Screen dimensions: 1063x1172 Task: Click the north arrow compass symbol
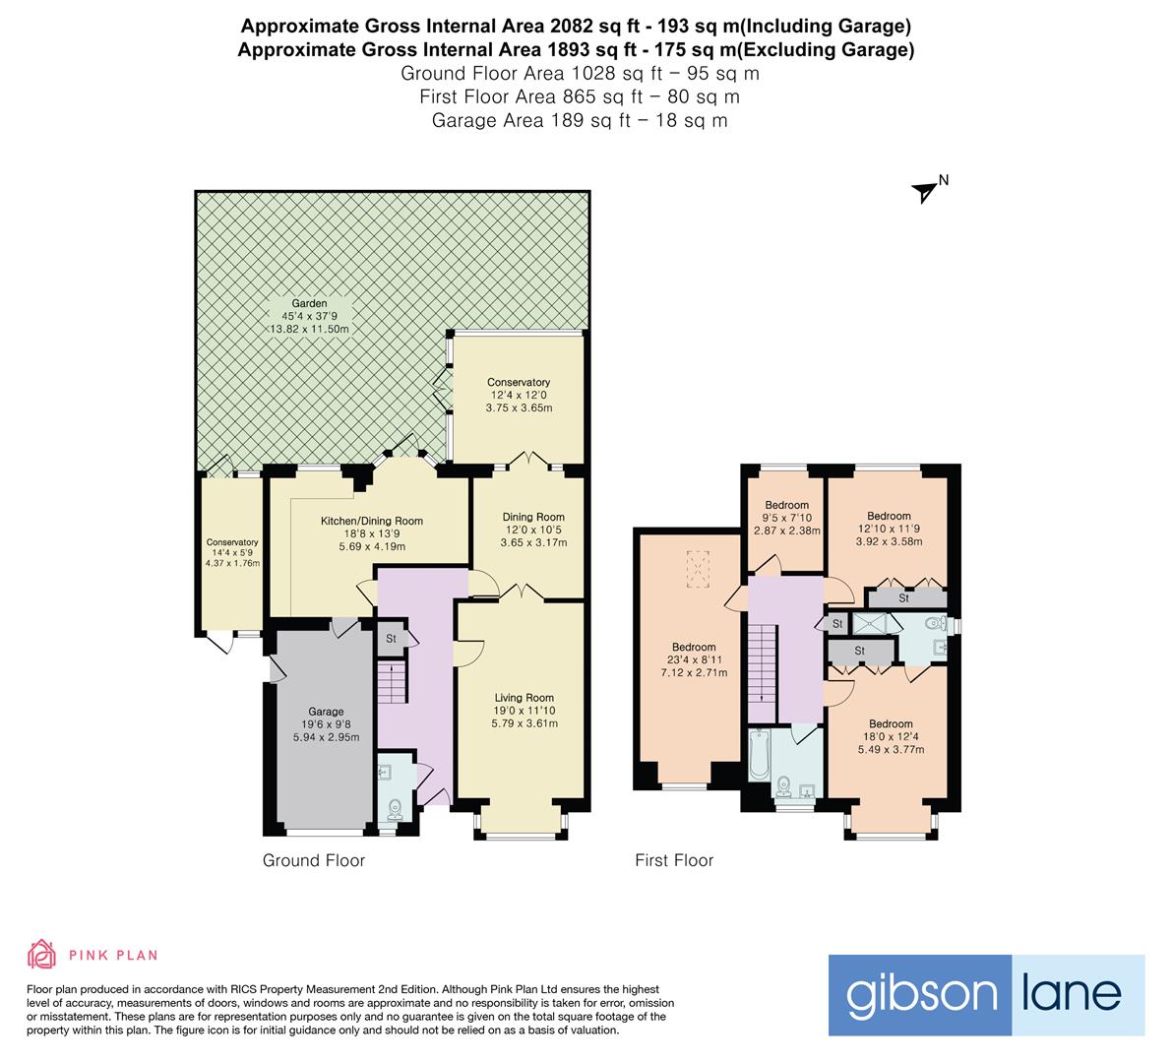(x=926, y=190)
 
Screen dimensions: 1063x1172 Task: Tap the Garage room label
(x=326, y=712)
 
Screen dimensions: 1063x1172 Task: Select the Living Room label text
(x=524, y=698)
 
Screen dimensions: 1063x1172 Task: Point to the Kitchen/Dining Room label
(x=372, y=521)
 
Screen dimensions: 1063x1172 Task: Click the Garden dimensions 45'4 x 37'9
(x=309, y=316)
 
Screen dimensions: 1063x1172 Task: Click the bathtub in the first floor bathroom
(x=759, y=755)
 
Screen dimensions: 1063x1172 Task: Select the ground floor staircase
(x=392, y=681)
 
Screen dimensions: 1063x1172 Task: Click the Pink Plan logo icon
(x=41, y=954)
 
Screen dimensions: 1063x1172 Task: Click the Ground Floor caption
(x=313, y=860)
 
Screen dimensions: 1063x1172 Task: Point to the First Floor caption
(x=673, y=860)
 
